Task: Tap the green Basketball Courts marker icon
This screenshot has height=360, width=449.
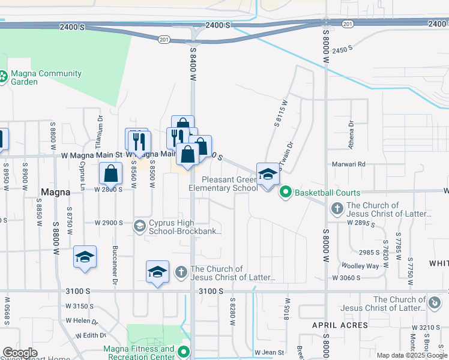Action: [x=285, y=193]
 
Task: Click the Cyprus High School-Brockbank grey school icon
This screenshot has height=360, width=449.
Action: [x=139, y=226]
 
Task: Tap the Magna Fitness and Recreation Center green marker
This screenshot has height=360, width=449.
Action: [x=184, y=352]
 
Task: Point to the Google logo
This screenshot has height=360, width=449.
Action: [x=19, y=352]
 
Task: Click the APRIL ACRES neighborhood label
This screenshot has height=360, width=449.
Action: [x=340, y=325]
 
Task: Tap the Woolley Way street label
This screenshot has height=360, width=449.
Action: [x=360, y=265]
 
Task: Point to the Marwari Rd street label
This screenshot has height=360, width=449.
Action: [x=349, y=164]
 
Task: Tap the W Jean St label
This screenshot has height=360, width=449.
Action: [x=268, y=352]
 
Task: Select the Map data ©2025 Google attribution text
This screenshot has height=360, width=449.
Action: [x=411, y=355]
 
